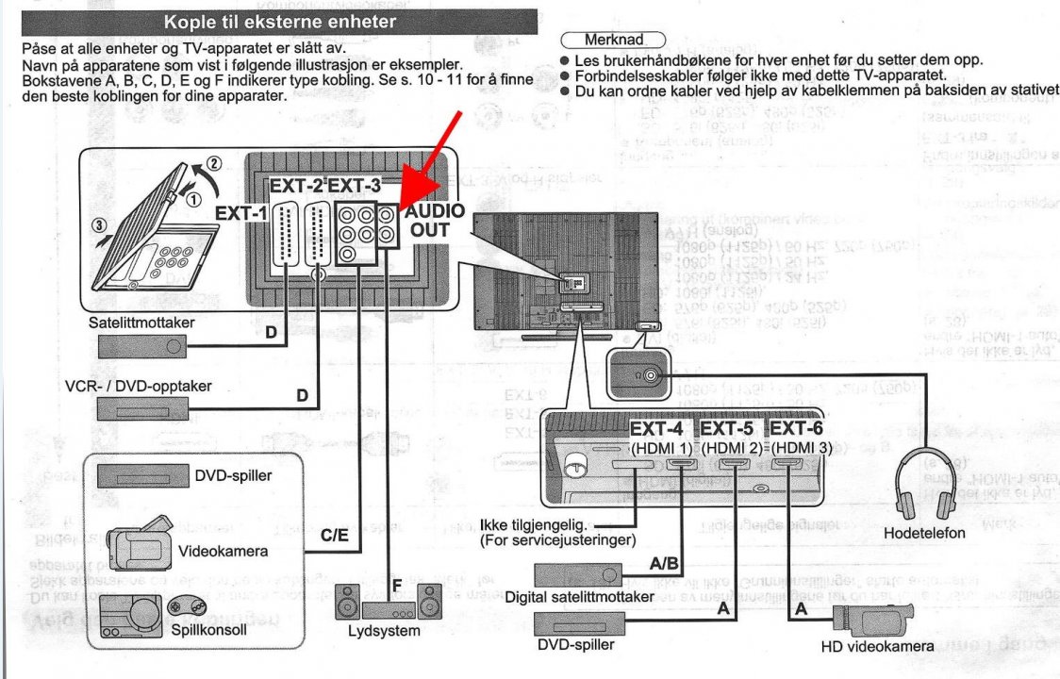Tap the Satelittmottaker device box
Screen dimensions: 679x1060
(141, 347)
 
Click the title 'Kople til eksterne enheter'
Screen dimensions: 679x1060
(279, 21)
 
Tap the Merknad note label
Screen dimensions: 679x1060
(613, 41)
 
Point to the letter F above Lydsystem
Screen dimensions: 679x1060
(396, 586)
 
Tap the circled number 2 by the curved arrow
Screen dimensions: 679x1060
(214, 162)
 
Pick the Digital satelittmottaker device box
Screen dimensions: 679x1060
(578, 573)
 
